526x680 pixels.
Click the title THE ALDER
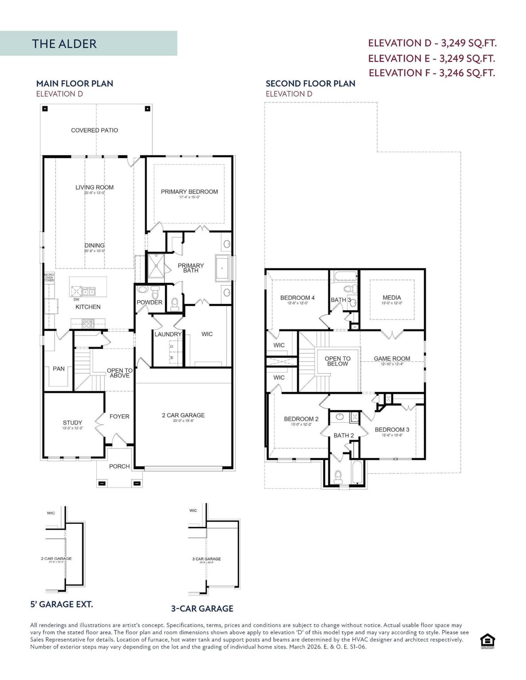pyautogui.click(x=64, y=44)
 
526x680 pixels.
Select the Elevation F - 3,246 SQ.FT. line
pyautogui.click(x=432, y=73)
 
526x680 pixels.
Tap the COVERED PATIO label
pyautogui.click(x=94, y=130)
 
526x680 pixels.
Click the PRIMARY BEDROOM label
pyautogui.click(x=189, y=192)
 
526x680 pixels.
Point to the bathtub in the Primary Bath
pyautogui.click(x=222, y=268)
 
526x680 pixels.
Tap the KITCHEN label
pyautogui.click(x=88, y=307)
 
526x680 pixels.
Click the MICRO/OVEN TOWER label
pyautogui.click(x=49, y=278)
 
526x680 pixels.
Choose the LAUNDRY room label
pyautogui.click(x=168, y=334)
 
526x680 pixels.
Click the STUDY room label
pyautogui.click(x=72, y=423)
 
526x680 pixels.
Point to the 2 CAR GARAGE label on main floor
pyautogui.click(x=183, y=415)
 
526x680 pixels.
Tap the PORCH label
pyautogui.click(x=119, y=466)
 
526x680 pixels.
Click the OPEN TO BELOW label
pyautogui.click(x=337, y=361)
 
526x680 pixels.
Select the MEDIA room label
pyautogui.click(x=392, y=298)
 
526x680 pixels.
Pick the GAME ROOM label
pyautogui.click(x=392, y=359)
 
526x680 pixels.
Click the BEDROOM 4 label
pyautogui.click(x=297, y=298)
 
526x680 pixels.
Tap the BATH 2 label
pyautogui.click(x=343, y=436)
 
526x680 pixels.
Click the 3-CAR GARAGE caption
pyautogui.click(x=202, y=609)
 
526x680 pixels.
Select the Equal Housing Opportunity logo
pyautogui.click(x=487, y=641)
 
